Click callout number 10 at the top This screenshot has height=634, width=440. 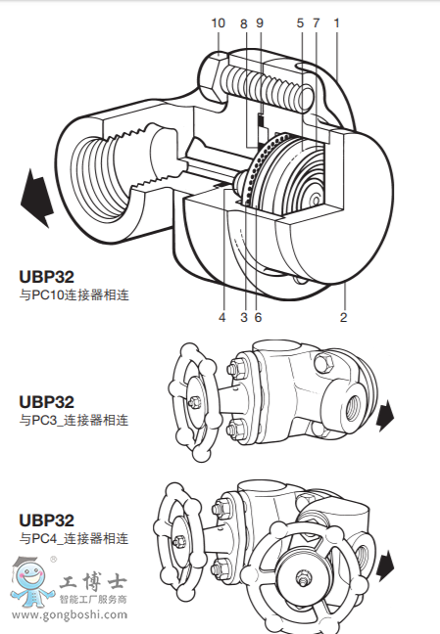(218, 23)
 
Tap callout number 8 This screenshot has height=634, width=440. (243, 23)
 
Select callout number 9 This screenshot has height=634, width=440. (260, 23)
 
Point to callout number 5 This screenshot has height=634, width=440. (301, 23)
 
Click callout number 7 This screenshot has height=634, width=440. (317, 23)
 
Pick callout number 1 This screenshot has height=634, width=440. (336, 23)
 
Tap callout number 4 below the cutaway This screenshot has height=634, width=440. (221, 317)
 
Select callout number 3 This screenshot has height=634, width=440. (243, 317)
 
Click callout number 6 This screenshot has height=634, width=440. (258, 317)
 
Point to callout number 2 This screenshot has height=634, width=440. (343, 317)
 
